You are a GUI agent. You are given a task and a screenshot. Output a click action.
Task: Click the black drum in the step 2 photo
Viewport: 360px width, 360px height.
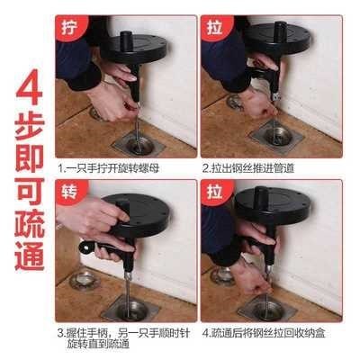tap(279, 40)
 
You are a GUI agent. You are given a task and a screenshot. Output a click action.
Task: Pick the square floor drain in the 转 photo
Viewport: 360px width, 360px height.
tap(130, 309)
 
